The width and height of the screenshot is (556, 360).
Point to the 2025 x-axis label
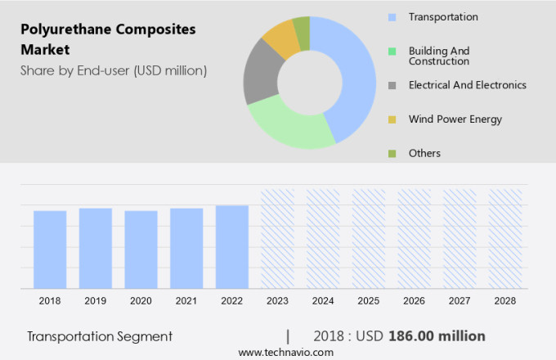(x=369, y=301)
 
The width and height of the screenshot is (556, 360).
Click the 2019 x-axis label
(x=96, y=301)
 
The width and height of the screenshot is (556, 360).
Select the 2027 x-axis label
(x=460, y=301)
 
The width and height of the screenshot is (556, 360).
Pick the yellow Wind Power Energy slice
(x=281, y=38)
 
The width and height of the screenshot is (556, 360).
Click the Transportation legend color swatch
(x=392, y=17)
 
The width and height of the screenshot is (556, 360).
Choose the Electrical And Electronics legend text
(x=467, y=85)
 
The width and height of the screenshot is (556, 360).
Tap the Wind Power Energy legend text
(x=455, y=119)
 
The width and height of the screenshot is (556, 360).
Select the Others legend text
(x=424, y=153)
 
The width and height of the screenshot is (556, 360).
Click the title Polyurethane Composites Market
(x=108, y=39)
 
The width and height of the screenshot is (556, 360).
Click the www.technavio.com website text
(x=285, y=352)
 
